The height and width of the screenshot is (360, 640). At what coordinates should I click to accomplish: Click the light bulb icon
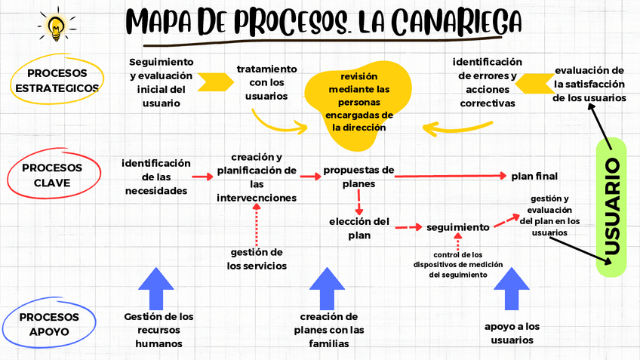[x=56, y=25]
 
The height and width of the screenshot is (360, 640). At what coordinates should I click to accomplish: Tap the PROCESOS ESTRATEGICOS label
[x=57, y=80]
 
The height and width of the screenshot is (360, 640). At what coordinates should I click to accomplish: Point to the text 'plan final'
[x=534, y=176]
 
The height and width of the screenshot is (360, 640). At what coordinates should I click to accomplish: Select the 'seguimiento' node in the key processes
[x=458, y=226]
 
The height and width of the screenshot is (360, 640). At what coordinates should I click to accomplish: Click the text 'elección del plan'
[x=359, y=227]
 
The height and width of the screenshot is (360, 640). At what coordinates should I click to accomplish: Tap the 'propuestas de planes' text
[x=359, y=177]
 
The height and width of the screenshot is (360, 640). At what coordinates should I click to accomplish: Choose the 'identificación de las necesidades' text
[x=156, y=177]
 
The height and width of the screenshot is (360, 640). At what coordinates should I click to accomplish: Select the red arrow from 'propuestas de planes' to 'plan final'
[x=450, y=176]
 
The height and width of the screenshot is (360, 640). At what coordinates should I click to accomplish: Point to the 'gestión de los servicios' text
[x=257, y=258]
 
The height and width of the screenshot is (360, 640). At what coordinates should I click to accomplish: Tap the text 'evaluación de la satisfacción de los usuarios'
[x=589, y=84]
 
